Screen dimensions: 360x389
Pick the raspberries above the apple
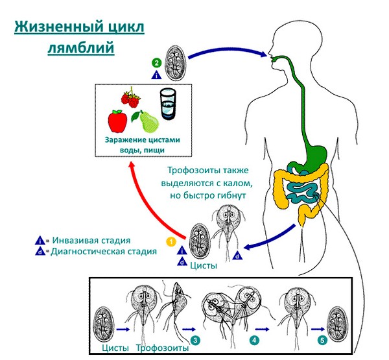pyautogui.click(x=130, y=99)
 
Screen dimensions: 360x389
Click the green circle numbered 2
pyautogui.click(x=156, y=63)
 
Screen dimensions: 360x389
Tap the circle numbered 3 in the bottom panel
pyautogui.click(x=196, y=340)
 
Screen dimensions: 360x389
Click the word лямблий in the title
pyautogui.click(x=81, y=49)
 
